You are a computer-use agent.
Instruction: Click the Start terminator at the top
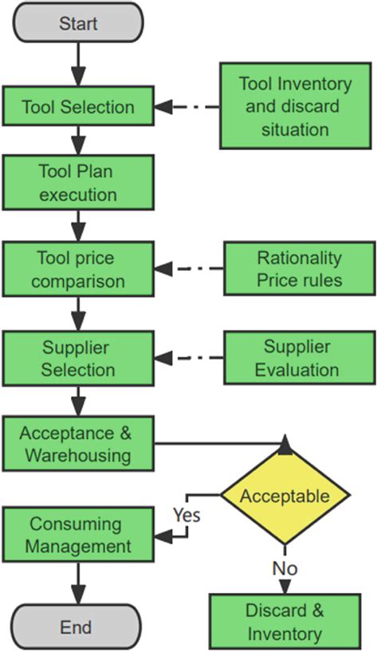click(77, 22)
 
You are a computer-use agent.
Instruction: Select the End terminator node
click(77, 626)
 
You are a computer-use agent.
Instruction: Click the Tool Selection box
click(77, 107)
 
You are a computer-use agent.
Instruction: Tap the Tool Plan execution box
click(77, 183)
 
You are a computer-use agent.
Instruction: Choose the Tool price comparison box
click(77, 270)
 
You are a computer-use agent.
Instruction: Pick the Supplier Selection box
click(77, 359)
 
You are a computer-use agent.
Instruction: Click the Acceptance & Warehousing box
click(77, 445)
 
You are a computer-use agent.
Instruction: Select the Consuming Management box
click(77, 535)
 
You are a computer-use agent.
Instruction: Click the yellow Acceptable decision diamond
click(285, 496)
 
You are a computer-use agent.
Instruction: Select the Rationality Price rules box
click(299, 269)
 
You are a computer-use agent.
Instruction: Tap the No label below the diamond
click(285, 568)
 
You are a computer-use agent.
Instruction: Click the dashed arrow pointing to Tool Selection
click(187, 107)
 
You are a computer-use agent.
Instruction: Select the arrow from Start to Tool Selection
click(77, 64)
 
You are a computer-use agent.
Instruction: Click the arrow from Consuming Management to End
click(77, 582)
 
